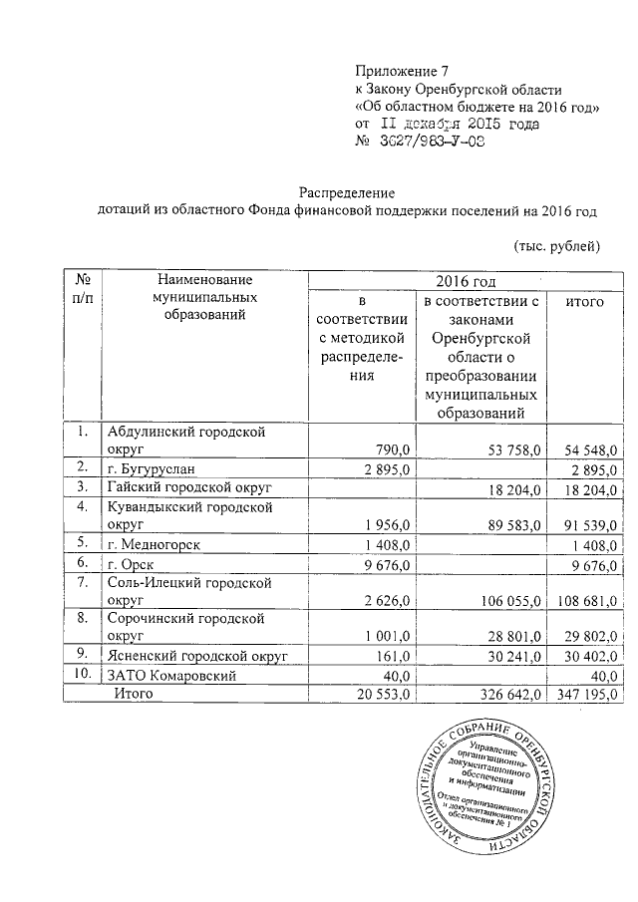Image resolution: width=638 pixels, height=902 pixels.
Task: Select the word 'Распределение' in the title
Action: tap(350, 192)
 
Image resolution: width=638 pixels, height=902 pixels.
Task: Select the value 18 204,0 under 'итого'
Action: tap(590, 487)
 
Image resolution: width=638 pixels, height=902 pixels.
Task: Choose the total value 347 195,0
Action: tap(586, 695)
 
